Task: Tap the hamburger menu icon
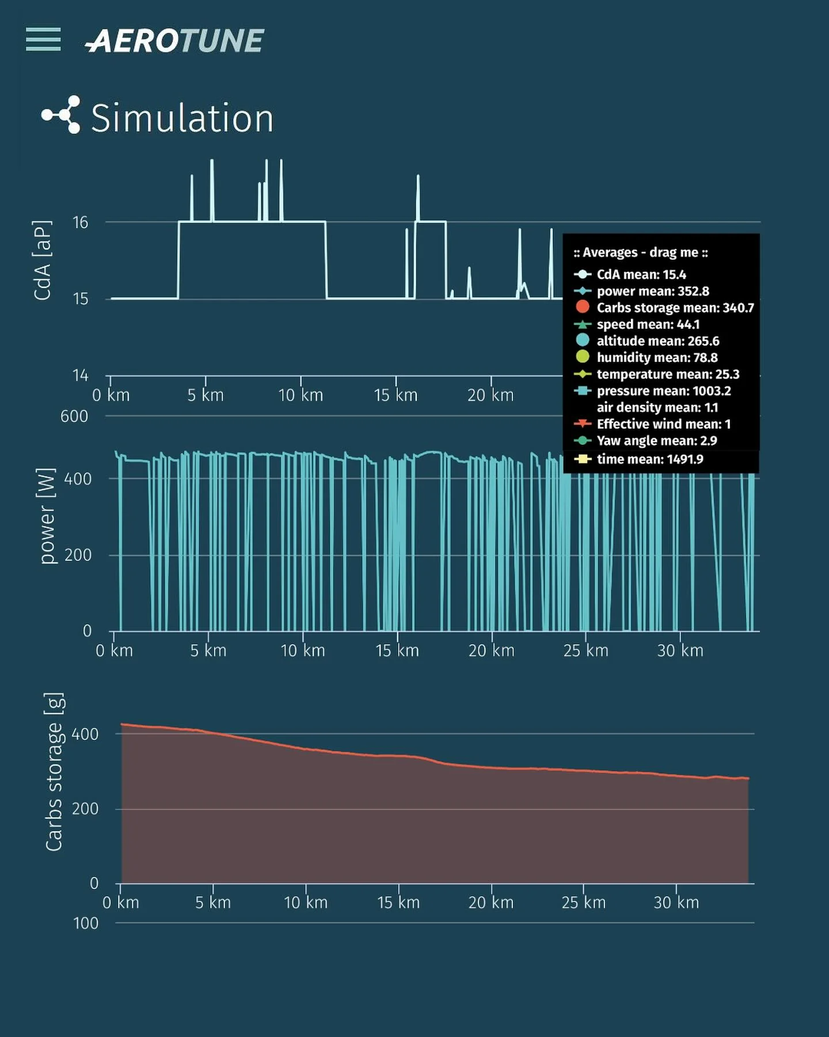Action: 43,39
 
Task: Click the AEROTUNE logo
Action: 174,41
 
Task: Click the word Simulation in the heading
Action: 182,118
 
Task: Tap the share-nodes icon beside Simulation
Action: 61,115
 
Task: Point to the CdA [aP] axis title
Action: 43,260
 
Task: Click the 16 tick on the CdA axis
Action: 80,222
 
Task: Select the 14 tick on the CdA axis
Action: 80,376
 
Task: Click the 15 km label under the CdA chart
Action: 396,395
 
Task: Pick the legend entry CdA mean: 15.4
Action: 641,274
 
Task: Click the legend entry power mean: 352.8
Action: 652,291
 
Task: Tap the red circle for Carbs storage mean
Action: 583,307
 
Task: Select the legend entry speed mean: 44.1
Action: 648,324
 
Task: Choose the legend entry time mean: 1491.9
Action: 649,459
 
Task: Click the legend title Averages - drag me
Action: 640,252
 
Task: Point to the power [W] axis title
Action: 47,516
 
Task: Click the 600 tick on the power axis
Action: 74,416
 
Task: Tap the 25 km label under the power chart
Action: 585,650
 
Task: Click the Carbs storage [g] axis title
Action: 54,772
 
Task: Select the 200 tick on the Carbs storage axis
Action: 85,809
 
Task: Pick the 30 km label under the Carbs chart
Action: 676,902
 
